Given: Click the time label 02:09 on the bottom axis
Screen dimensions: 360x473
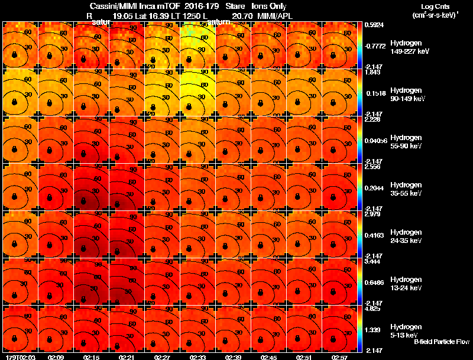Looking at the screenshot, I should (57, 357).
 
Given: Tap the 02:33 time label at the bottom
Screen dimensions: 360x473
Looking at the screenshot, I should (198, 357).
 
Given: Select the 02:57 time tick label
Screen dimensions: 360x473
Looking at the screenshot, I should (339, 357).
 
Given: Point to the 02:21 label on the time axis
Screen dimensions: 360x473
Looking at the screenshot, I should (127, 357).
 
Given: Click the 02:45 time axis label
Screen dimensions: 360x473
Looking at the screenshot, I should (268, 357).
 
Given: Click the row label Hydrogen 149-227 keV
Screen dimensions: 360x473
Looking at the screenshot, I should (405, 47).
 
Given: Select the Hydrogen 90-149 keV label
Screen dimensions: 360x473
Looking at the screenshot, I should (405, 94).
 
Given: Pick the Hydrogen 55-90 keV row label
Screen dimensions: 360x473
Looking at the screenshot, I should (405, 141).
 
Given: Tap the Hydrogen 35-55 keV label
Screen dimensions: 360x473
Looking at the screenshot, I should (405, 189).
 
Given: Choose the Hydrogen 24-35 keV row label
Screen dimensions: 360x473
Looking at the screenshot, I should (405, 236).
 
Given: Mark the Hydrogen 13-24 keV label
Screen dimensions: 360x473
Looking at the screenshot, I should (405, 283).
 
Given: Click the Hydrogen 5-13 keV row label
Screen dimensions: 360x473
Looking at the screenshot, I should (405, 330).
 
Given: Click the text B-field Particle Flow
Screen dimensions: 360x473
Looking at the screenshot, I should (441, 342).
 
